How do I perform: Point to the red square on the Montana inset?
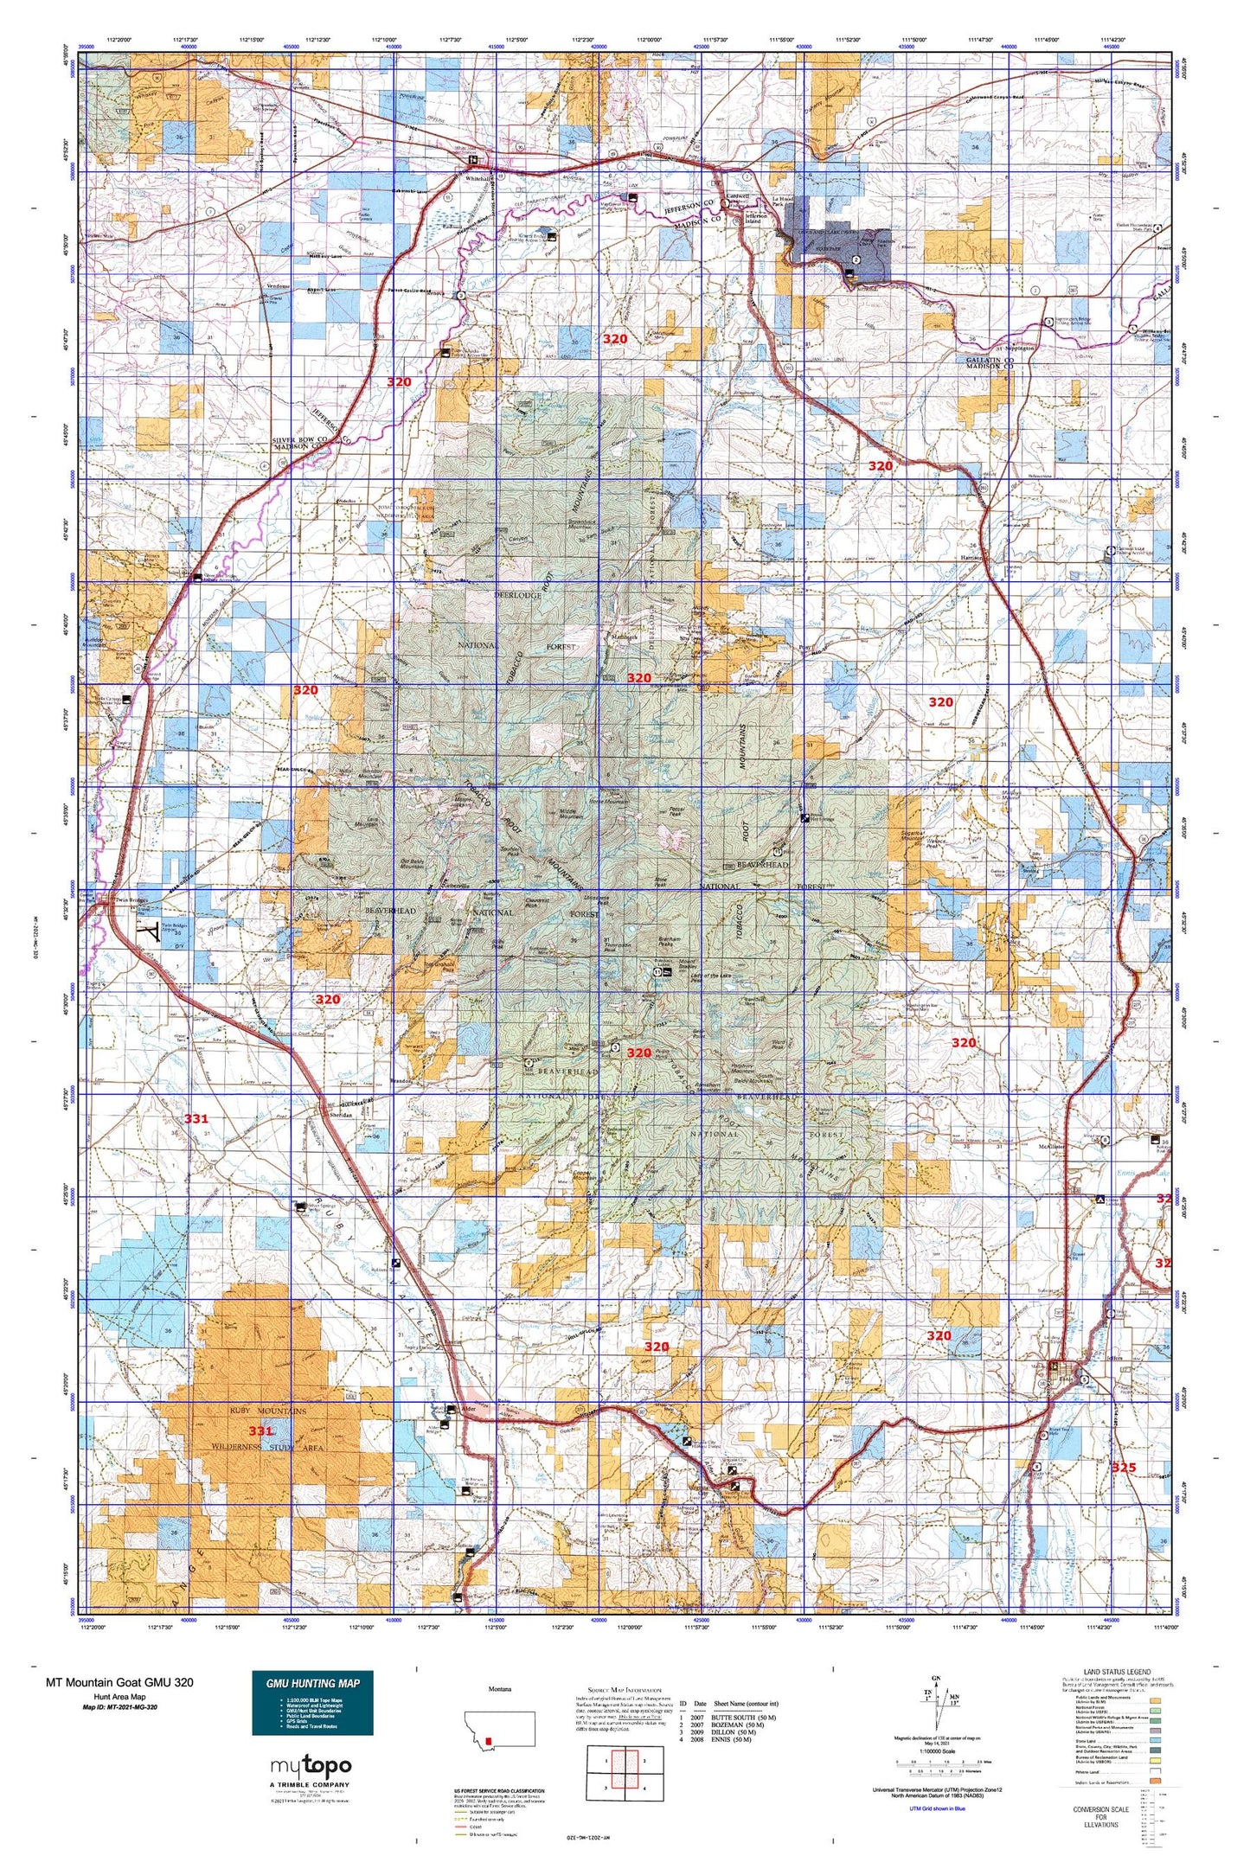click(x=490, y=1741)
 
